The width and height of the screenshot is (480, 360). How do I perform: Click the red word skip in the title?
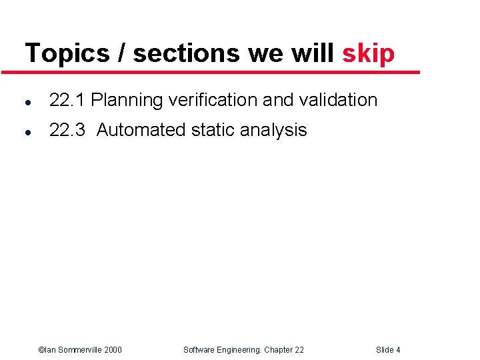(x=368, y=53)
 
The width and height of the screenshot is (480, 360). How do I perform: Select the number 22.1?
(x=67, y=101)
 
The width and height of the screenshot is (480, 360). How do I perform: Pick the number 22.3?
(x=67, y=130)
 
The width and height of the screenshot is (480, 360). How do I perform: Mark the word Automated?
(x=141, y=130)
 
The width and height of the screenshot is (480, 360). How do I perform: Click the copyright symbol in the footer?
(x=41, y=350)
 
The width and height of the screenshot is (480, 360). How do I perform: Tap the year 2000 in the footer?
(x=112, y=350)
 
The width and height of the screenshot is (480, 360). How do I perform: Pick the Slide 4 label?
(x=388, y=350)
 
